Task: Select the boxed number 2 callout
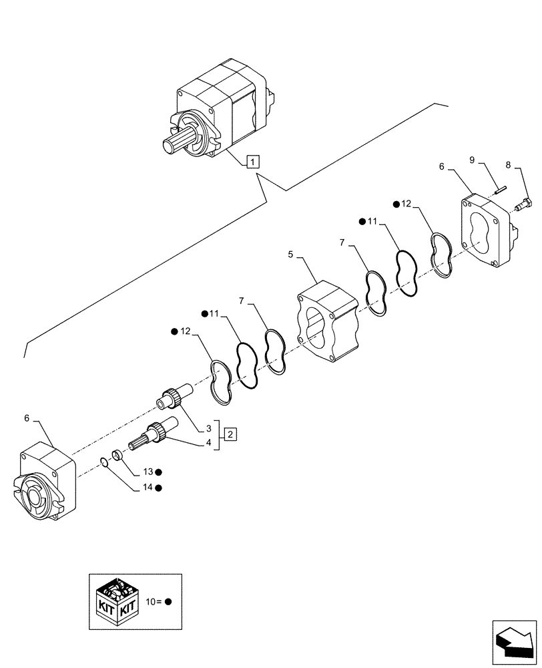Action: (230, 434)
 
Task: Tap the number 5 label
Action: (291, 254)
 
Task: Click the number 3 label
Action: (208, 427)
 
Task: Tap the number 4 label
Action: (208, 442)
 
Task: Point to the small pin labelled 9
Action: (501, 189)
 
